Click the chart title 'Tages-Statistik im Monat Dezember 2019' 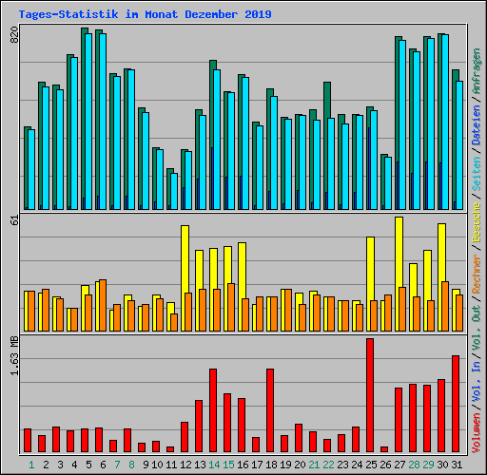click(145, 14)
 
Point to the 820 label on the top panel click(13, 36)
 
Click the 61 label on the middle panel click(13, 221)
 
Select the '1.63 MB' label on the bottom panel click(13, 355)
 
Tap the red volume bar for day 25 click(370, 394)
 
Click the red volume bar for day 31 click(456, 403)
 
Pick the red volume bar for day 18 click(270, 409)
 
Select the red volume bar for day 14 click(213, 409)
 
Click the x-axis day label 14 click(214, 465)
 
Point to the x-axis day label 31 click(457, 465)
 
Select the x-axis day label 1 click(31, 465)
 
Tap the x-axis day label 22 click(328, 465)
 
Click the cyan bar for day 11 click(174, 191)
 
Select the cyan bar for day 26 click(388, 183)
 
